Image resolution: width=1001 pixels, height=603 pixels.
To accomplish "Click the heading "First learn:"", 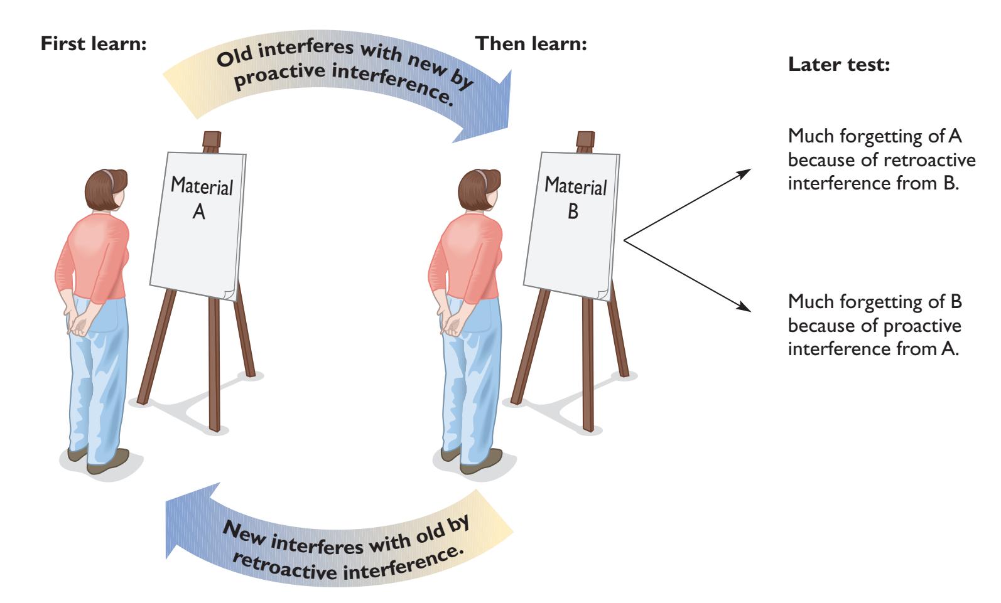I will [x=94, y=45].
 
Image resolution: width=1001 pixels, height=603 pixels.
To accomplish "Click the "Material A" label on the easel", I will [x=202, y=198].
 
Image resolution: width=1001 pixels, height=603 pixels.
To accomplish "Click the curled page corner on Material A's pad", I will [x=229, y=291].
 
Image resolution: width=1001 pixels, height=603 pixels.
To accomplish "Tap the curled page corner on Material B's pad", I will [x=603, y=291].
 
